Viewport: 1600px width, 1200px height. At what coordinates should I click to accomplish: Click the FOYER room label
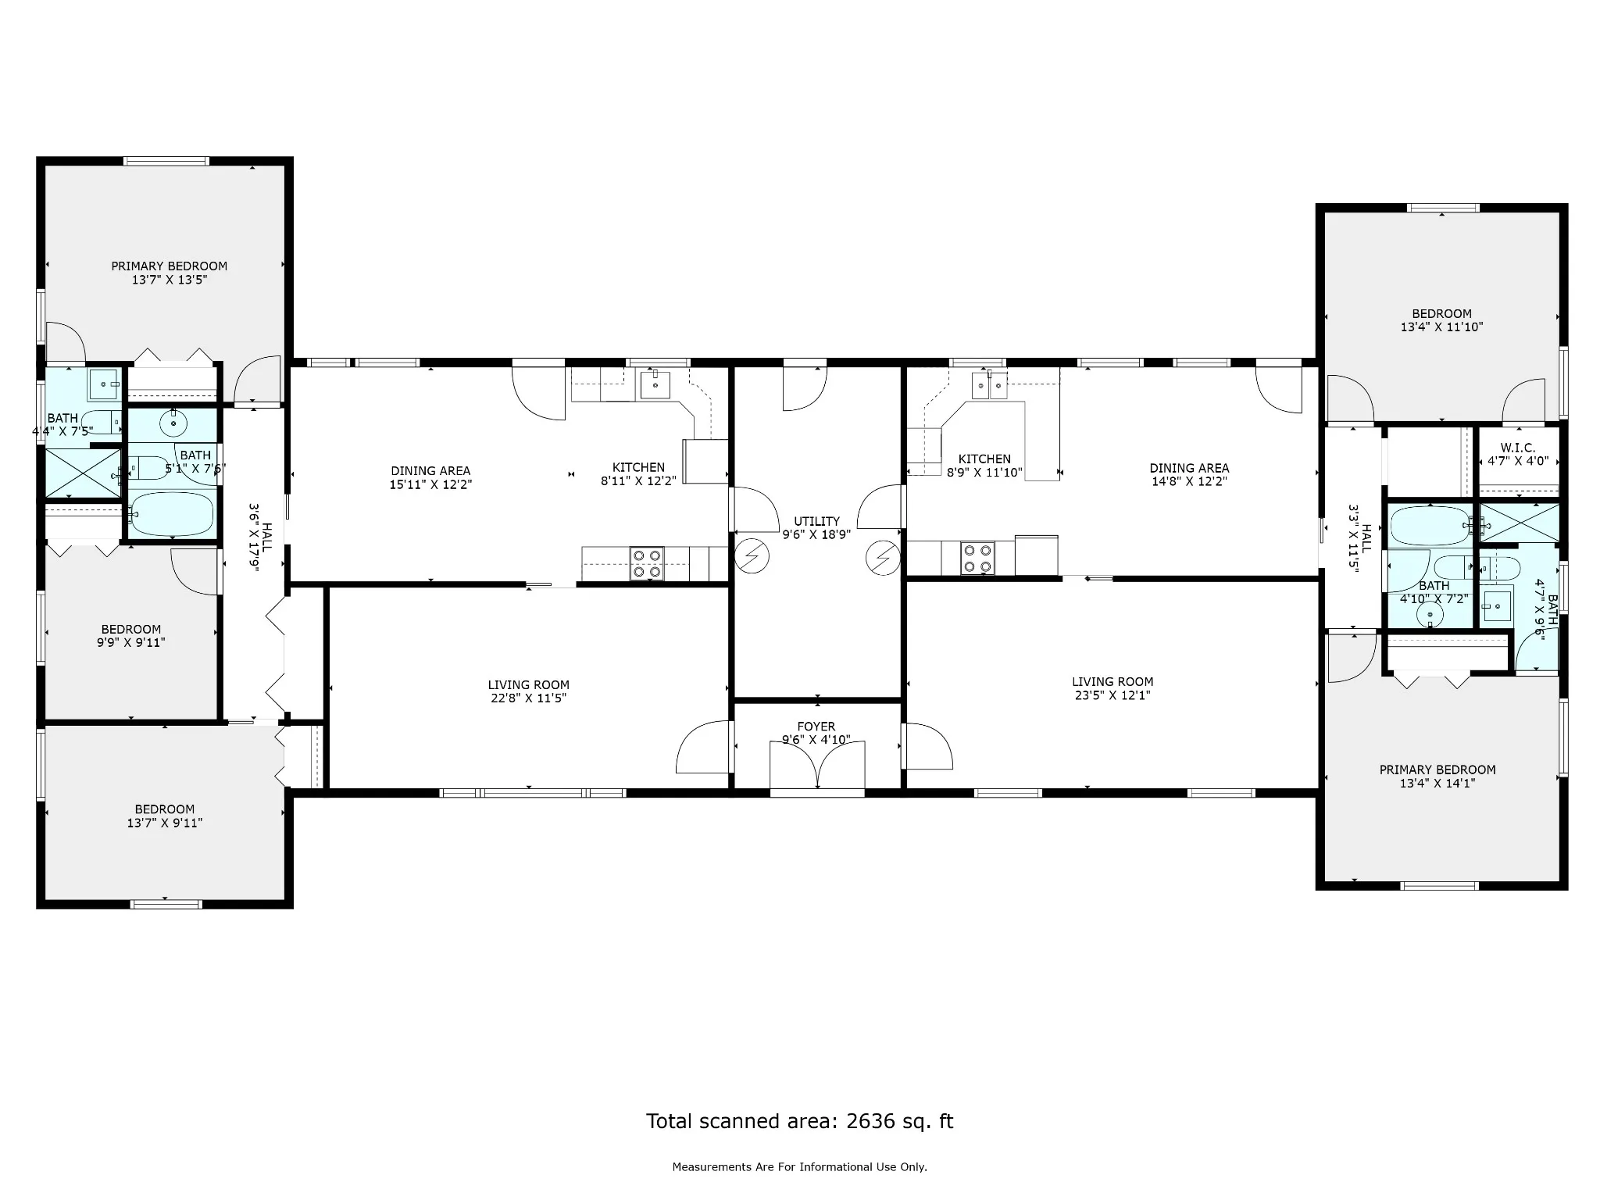816,727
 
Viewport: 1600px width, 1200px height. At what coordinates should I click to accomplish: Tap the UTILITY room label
816,521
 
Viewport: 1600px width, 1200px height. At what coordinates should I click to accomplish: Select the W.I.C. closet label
1518,448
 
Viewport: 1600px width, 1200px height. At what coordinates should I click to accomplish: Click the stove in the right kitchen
977,559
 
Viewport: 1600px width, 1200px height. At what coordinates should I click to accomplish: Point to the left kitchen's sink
655,384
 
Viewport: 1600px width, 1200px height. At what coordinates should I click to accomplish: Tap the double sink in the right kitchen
990,385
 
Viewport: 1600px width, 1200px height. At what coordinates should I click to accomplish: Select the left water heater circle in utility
752,556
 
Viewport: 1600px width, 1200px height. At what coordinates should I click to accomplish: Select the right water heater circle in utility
883,558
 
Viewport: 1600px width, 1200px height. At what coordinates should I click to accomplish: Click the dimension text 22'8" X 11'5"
528,698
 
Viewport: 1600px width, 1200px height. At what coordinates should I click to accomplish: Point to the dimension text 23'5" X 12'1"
1112,695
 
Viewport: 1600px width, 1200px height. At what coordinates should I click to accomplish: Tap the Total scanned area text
799,1121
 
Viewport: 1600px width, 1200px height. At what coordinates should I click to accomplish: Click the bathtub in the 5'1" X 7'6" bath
171,514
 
